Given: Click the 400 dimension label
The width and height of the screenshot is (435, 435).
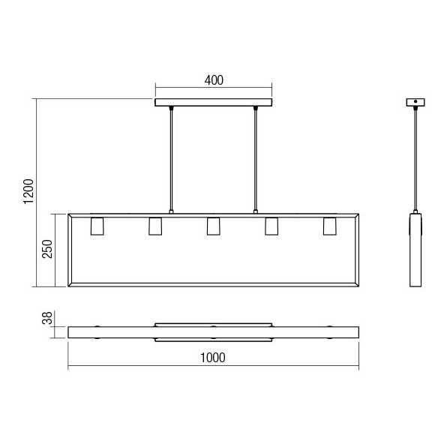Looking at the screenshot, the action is (x=214, y=80).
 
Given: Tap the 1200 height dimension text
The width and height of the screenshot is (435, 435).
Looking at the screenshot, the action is (x=28, y=192).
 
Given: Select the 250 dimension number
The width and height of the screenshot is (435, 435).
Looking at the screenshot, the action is (x=47, y=249).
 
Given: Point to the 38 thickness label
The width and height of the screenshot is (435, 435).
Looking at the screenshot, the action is (x=47, y=318).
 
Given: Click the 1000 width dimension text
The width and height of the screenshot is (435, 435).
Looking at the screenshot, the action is (x=213, y=358).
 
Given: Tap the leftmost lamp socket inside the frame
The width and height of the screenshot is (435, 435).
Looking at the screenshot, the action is (x=97, y=226).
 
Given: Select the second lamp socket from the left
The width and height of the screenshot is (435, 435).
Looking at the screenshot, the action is (x=155, y=226).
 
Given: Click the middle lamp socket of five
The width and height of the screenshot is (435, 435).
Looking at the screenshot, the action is (x=213, y=226).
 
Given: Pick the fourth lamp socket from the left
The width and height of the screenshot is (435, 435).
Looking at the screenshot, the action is (x=271, y=226).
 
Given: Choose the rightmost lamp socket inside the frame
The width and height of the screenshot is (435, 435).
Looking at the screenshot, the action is (x=329, y=226).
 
